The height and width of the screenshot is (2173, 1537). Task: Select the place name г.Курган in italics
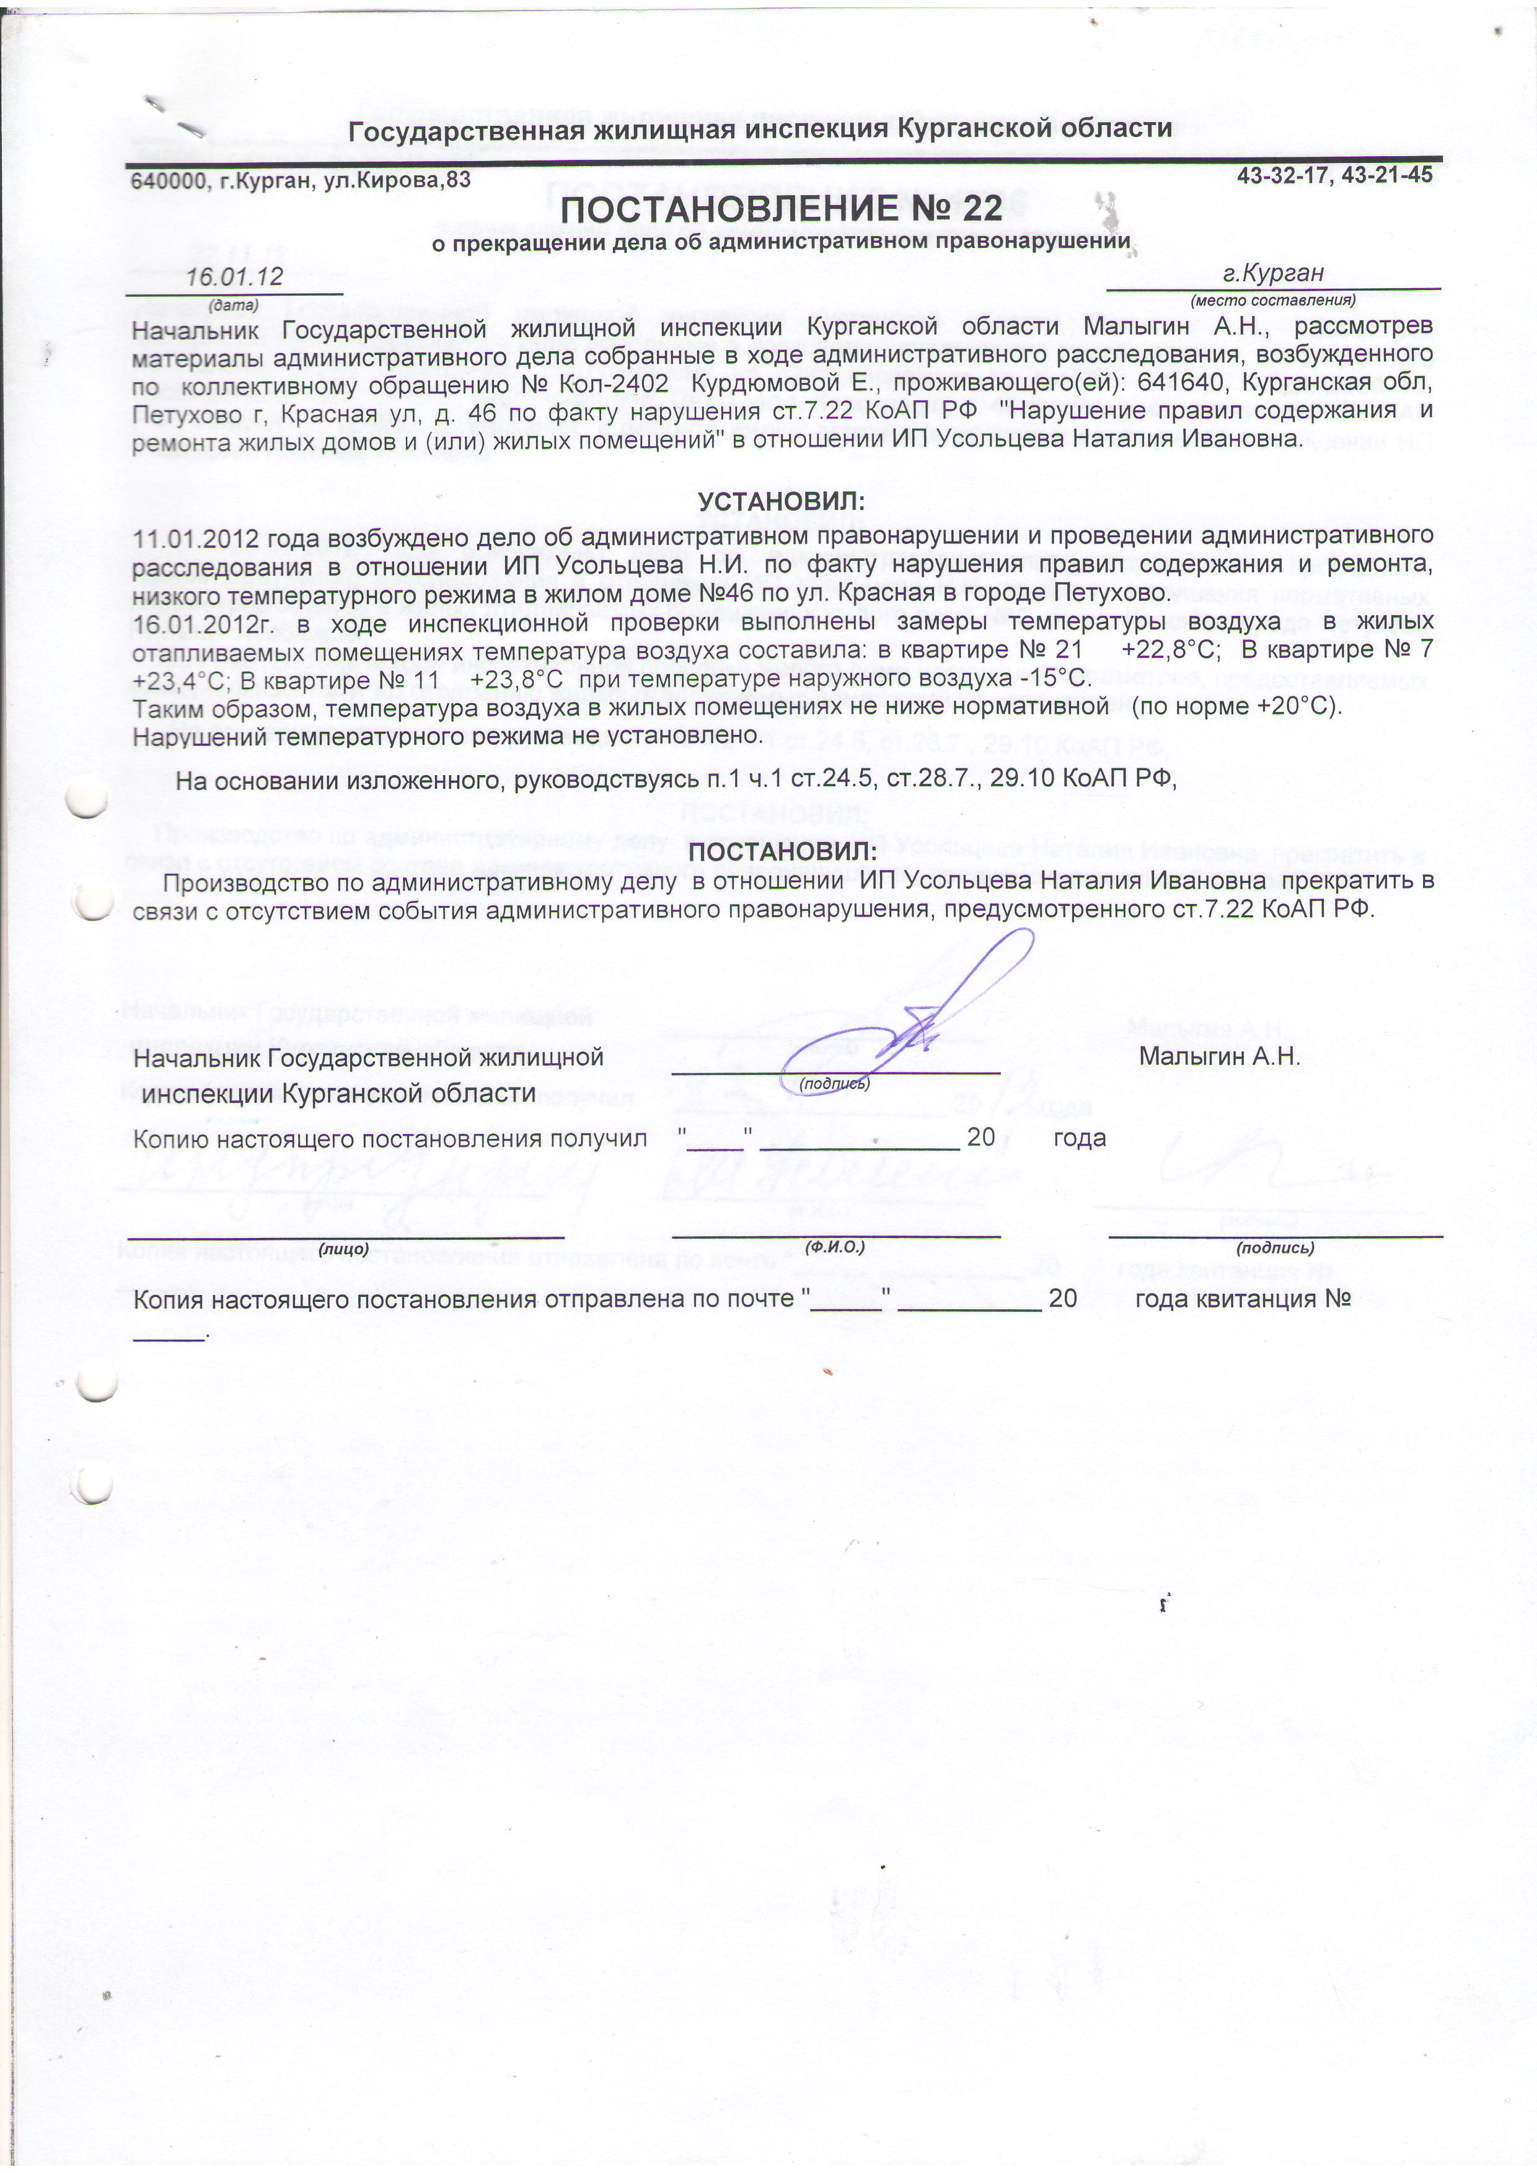(1273, 273)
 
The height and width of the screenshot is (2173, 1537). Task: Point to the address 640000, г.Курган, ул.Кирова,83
(301, 180)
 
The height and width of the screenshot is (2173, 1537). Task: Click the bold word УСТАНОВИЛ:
(781, 501)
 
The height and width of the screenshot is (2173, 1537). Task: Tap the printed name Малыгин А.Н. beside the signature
(1219, 1057)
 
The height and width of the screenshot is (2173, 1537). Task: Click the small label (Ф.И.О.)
(835, 1247)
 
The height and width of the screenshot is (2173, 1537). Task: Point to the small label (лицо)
(343, 1249)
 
